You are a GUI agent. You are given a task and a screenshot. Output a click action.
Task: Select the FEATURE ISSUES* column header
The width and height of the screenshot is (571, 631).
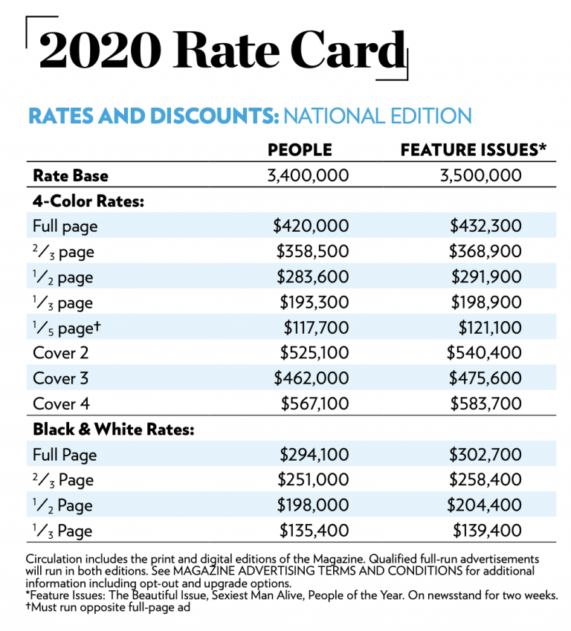tap(474, 150)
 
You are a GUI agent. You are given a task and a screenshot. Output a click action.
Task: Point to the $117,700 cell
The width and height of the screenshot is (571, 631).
tap(315, 327)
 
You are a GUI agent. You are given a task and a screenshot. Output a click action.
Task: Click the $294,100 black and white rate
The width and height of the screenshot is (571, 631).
tap(314, 454)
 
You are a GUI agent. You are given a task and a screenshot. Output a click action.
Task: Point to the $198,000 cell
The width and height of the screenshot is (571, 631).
tap(314, 505)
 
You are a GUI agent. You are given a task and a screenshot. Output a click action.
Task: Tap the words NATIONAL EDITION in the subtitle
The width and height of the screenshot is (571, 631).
tap(377, 117)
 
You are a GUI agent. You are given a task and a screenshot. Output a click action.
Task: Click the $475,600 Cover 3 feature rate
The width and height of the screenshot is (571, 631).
tap(485, 378)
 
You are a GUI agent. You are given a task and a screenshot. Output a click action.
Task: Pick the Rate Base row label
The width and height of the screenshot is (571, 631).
tap(71, 175)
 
